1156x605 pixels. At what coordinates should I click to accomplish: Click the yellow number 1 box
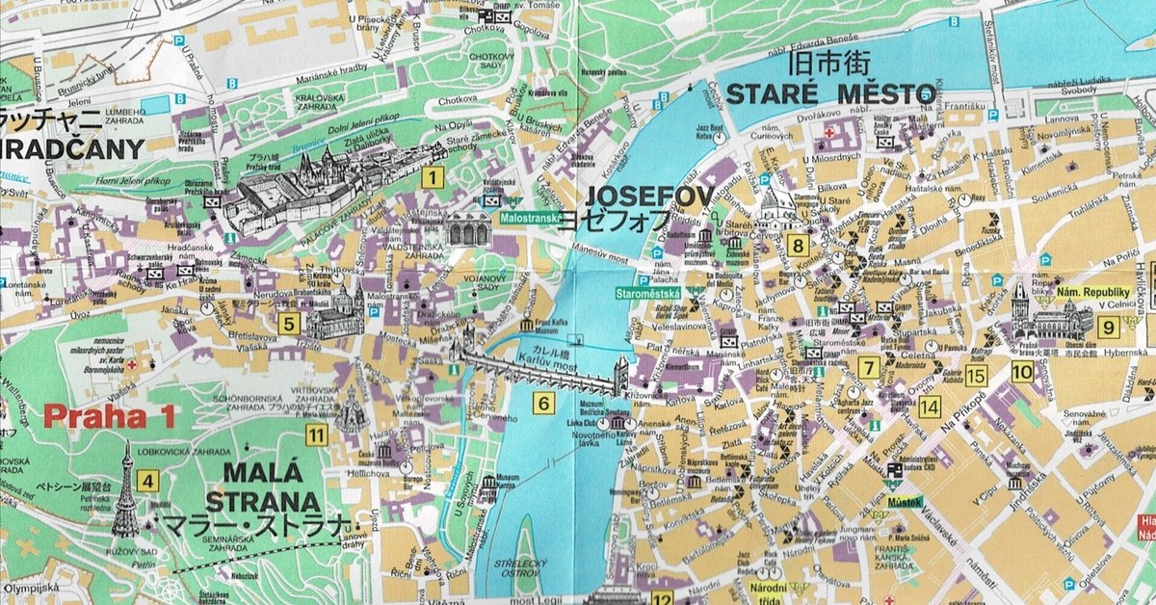(x=433, y=176)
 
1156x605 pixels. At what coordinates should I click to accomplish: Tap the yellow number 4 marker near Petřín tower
(x=147, y=481)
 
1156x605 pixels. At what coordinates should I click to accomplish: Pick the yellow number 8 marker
(x=797, y=245)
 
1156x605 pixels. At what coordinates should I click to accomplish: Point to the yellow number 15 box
(x=977, y=376)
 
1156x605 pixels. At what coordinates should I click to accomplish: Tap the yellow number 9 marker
(x=1110, y=327)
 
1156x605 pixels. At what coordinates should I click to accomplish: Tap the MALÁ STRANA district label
(x=262, y=487)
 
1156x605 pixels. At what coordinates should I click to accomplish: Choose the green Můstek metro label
(x=905, y=500)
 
